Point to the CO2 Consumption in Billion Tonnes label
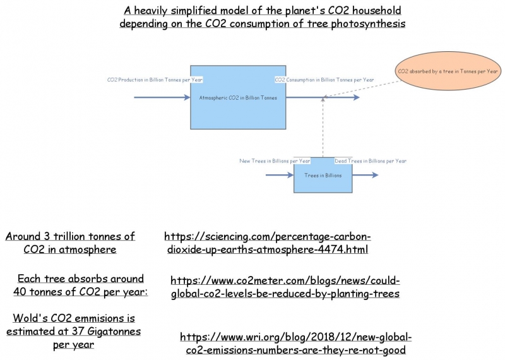pos(324,80)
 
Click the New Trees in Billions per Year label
pos(275,160)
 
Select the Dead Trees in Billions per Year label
pos(371,160)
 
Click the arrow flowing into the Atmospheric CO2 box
pos(162,97)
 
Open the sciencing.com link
pos(268,243)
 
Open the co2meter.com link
pos(285,287)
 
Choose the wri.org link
pos(295,344)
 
